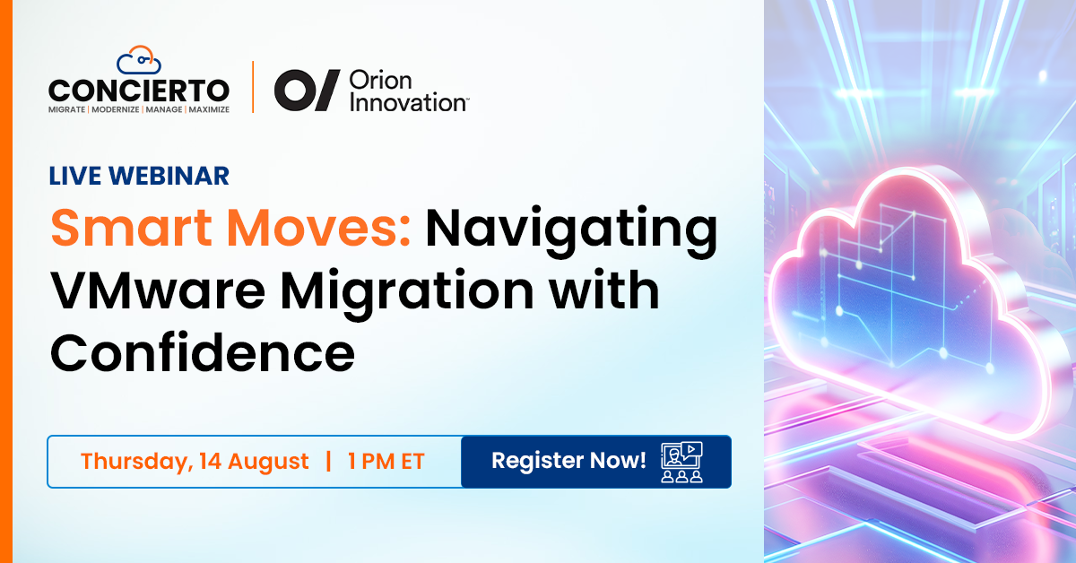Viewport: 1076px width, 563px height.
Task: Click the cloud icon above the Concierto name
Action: (139, 60)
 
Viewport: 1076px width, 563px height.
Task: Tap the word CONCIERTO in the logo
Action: (139, 91)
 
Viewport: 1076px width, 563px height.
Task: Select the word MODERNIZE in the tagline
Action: (116, 109)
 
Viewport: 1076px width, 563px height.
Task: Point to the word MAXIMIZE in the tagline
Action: (209, 109)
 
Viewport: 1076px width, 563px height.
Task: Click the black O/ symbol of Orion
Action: (307, 91)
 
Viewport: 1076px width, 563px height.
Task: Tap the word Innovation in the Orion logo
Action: (409, 102)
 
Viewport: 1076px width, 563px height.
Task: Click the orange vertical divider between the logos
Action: (253, 87)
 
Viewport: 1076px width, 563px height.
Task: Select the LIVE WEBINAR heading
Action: (139, 176)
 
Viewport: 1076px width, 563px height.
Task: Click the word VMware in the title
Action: (158, 290)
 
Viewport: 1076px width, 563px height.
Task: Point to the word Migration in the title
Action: (407, 294)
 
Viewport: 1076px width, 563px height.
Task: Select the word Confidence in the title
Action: (203, 353)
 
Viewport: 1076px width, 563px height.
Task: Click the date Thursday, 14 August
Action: (195, 461)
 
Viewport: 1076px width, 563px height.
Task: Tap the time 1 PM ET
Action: (386, 461)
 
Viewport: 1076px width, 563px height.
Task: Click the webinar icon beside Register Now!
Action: (681, 462)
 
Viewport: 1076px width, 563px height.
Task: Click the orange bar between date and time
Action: (328, 461)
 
